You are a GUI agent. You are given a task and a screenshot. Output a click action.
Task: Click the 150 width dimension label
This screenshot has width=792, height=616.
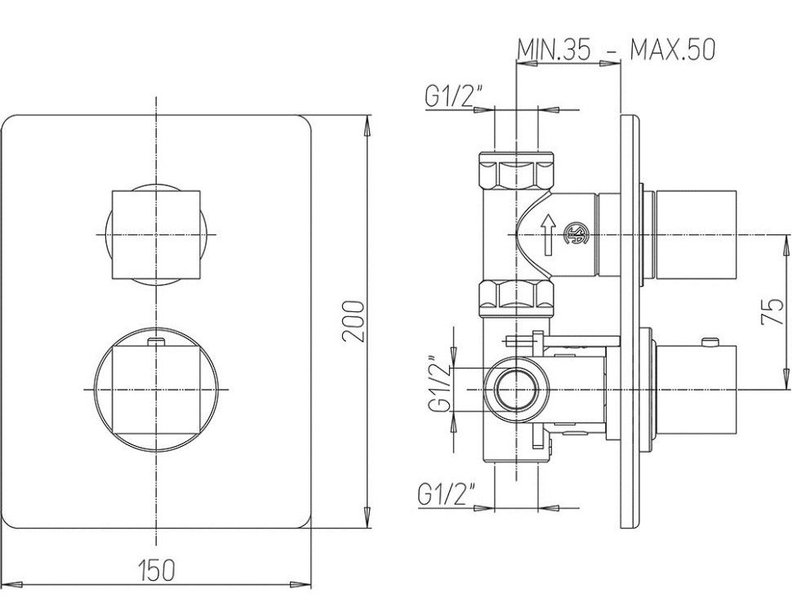156,569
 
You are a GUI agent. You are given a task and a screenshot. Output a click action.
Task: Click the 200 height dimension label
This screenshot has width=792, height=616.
353,321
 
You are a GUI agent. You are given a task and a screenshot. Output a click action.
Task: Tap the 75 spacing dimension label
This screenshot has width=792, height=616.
772,312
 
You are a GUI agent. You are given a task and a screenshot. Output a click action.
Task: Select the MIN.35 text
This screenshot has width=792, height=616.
554,49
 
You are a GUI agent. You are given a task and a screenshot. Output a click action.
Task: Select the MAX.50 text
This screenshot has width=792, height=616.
672,49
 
